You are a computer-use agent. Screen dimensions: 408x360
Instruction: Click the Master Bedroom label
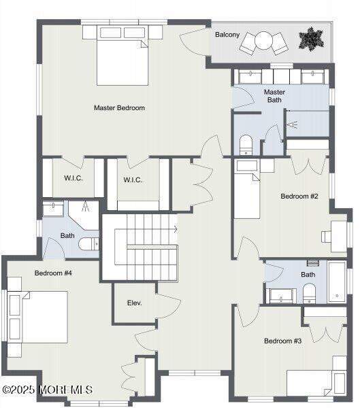[x=119, y=107]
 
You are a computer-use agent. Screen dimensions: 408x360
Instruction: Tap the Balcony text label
[x=227, y=34]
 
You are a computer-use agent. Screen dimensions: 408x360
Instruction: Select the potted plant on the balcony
[x=312, y=39]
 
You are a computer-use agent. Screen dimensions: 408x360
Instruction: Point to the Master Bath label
[x=274, y=96]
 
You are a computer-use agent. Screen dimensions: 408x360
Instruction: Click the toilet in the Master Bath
[x=246, y=144]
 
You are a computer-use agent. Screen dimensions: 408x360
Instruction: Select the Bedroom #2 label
[x=299, y=197]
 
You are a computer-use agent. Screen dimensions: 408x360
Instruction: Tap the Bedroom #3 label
[x=282, y=341]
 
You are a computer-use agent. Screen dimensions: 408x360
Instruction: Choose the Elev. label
[x=134, y=303]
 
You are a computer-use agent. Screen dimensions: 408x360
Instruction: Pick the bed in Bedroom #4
[x=41, y=318]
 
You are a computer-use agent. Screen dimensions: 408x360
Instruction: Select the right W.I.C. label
[x=132, y=180]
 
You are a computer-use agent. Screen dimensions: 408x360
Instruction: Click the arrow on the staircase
[x=174, y=230]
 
